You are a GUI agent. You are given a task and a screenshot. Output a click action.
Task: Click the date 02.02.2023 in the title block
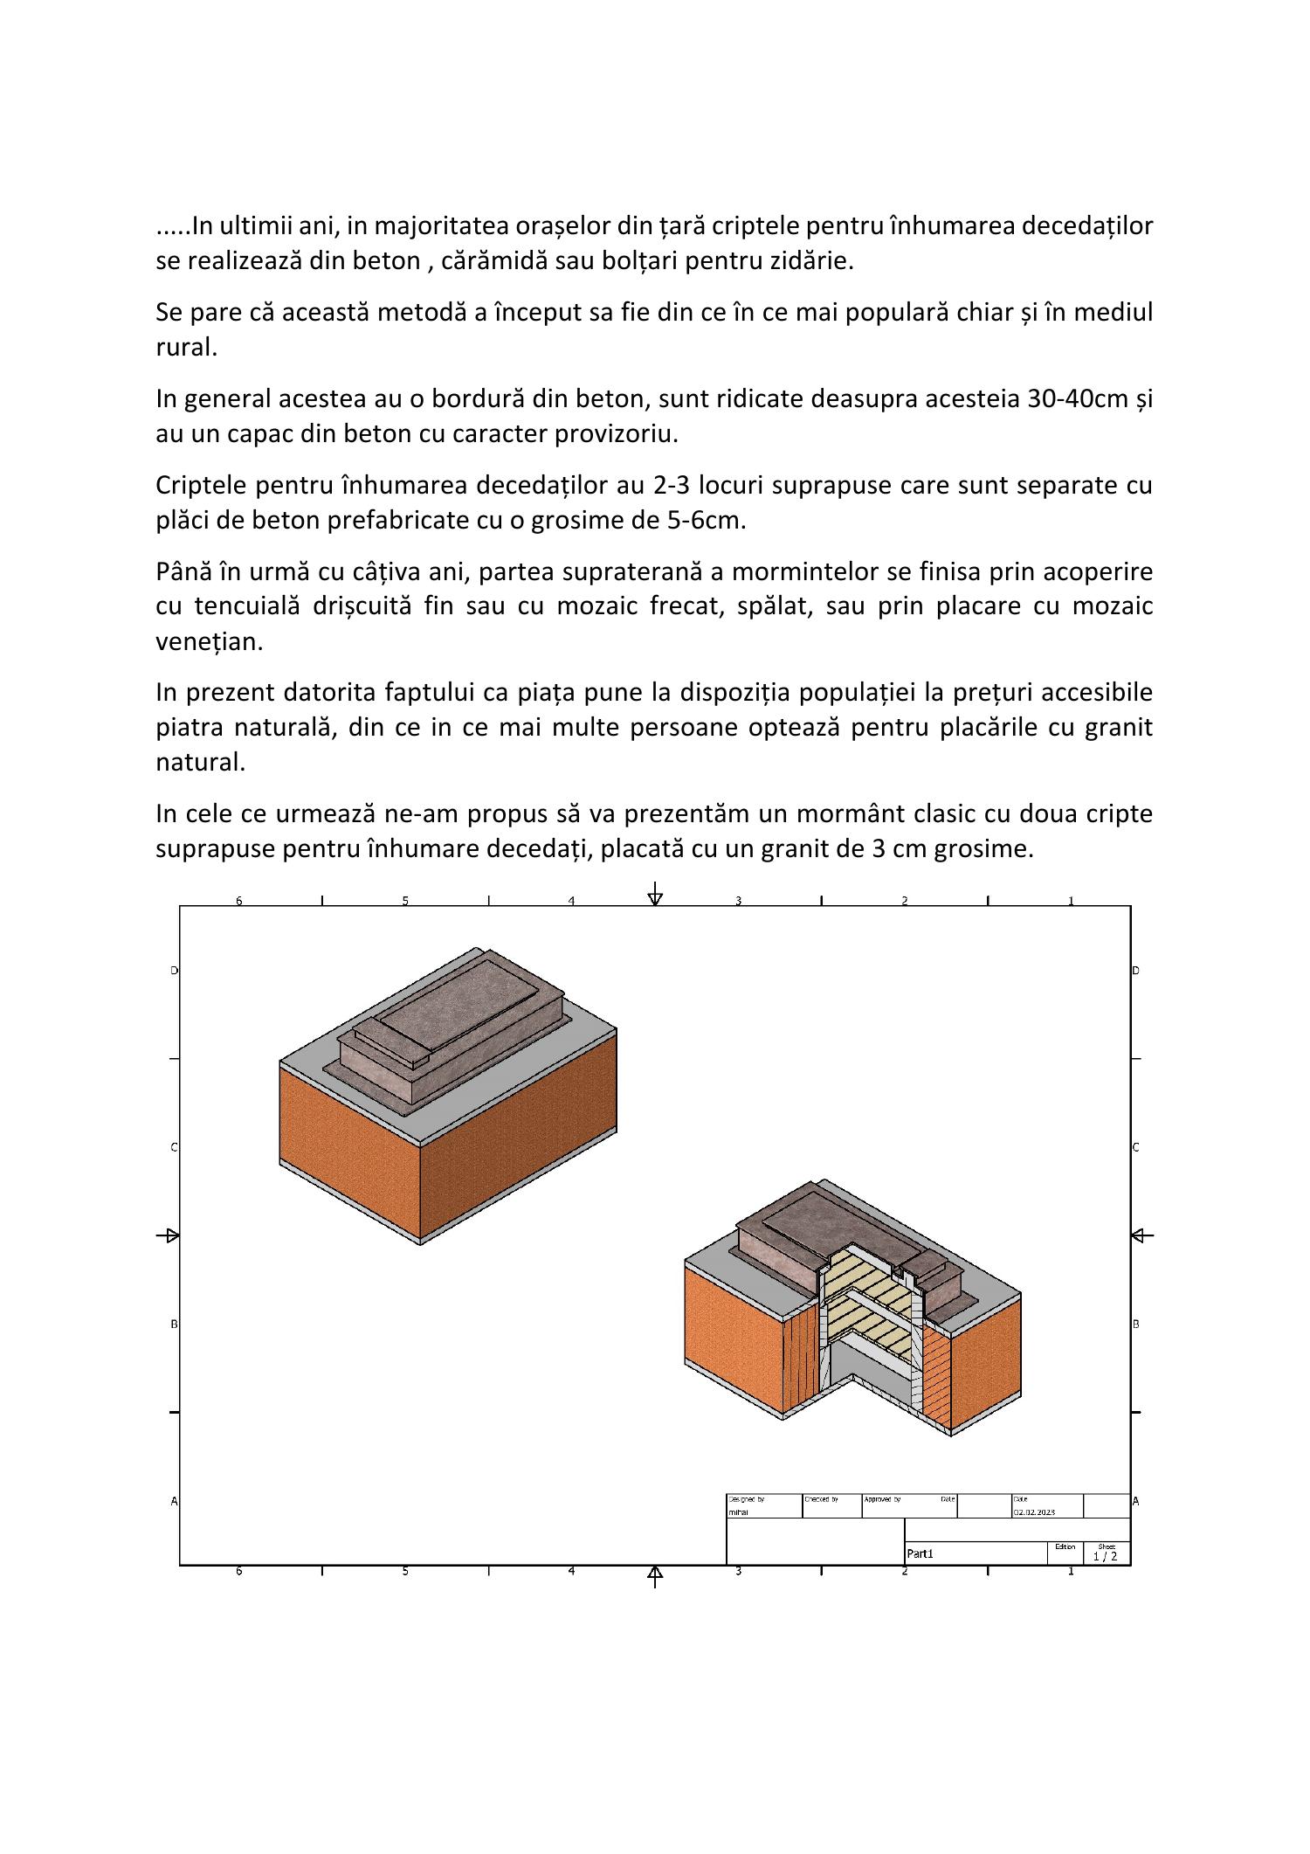[1034, 1512]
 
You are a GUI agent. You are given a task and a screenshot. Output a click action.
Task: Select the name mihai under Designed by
[738, 1512]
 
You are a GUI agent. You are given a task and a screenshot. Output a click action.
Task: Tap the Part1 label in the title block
[920, 1553]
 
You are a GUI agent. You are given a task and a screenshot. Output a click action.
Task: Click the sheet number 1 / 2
[1105, 1556]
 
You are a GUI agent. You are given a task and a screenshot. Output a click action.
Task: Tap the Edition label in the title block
[1065, 1546]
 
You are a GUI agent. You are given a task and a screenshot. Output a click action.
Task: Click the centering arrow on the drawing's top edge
[655, 896]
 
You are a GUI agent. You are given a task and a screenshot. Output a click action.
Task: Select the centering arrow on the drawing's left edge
[169, 1235]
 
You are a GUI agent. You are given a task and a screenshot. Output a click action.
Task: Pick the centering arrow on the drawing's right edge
[1140, 1235]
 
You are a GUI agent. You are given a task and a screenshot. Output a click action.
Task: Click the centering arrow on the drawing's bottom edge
[655, 1574]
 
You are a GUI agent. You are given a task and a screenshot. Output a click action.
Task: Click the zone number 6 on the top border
[238, 901]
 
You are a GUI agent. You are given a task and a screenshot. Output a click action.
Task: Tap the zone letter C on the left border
[174, 1147]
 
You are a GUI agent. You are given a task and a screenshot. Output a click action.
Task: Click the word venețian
[209, 641]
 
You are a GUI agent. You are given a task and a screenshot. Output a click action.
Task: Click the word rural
[185, 347]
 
